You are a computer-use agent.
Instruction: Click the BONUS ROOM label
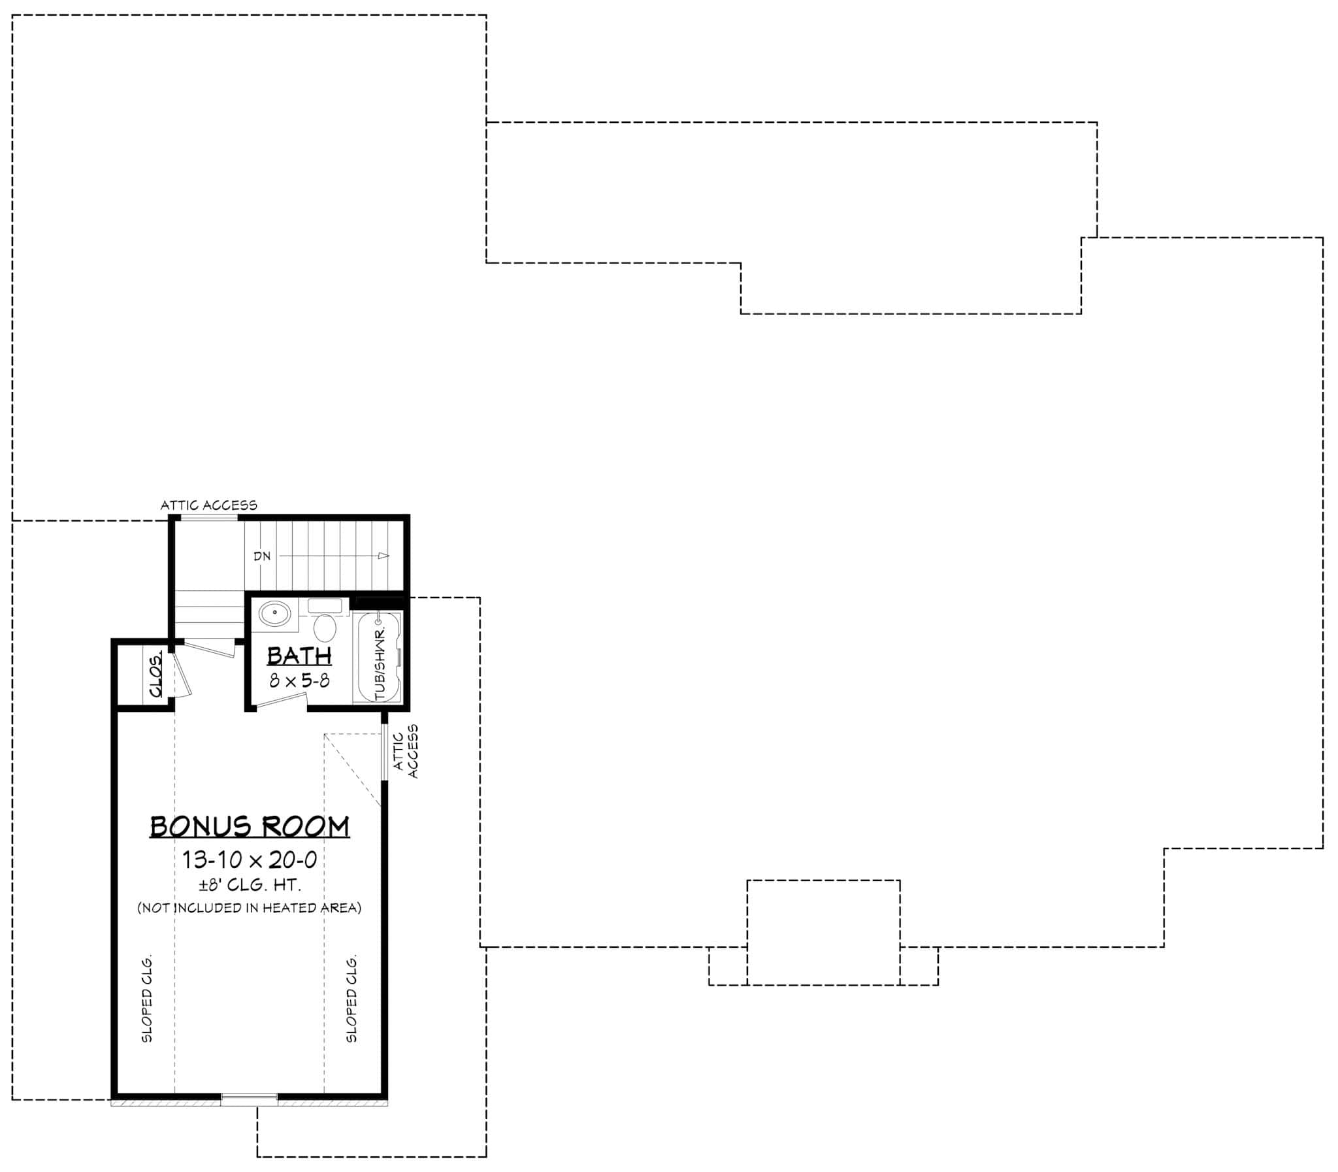(x=250, y=826)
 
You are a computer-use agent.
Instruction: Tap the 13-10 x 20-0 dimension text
(x=250, y=860)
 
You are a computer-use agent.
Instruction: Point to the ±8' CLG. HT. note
(x=250, y=886)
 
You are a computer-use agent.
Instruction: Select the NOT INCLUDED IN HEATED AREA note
(x=249, y=908)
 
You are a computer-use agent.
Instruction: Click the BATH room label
(x=299, y=656)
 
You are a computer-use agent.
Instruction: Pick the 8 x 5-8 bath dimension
(x=299, y=681)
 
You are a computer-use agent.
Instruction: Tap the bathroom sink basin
(x=274, y=614)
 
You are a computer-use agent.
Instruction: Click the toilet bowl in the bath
(x=325, y=629)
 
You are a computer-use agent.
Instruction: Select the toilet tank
(x=325, y=606)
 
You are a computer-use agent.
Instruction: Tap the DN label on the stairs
(x=262, y=556)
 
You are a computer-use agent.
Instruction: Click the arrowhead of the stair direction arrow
(x=383, y=556)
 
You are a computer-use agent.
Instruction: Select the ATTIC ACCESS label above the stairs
(x=209, y=505)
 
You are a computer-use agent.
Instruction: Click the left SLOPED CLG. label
(x=147, y=999)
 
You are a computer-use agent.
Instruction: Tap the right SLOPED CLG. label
(x=351, y=999)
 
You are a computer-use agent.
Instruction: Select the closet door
(x=182, y=675)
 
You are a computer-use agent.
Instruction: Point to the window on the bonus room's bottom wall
(x=249, y=1099)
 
